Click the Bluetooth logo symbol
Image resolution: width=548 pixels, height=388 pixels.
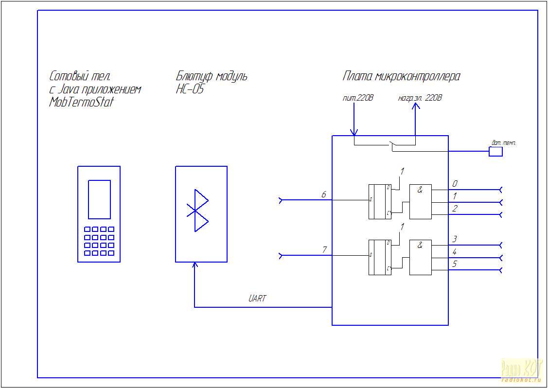click(197, 211)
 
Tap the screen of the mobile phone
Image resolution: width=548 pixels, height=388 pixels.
click(99, 199)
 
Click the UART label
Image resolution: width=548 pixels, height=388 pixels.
click(257, 299)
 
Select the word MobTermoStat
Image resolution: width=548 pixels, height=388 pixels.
click(81, 103)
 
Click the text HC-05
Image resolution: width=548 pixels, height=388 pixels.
click(190, 89)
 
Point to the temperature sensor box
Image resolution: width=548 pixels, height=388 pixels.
click(495, 151)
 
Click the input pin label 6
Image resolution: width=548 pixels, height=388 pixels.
click(323, 194)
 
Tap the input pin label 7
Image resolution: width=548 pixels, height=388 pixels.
click(324, 250)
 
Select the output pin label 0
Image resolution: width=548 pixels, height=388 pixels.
click(455, 184)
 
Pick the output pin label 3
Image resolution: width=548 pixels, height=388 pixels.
click(455, 239)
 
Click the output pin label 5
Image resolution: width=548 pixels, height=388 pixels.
click(455, 264)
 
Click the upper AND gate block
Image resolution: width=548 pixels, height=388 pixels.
click(420, 202)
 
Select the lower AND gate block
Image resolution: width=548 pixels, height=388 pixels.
click(420, 257)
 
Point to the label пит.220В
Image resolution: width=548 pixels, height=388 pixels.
click(358, 98)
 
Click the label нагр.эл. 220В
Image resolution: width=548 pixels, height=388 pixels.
click(420, 98)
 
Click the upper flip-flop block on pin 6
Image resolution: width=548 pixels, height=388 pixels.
click(380, 202)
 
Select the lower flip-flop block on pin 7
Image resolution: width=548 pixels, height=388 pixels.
click(380, 257)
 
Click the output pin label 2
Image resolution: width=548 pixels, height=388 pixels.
click(455, 209)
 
